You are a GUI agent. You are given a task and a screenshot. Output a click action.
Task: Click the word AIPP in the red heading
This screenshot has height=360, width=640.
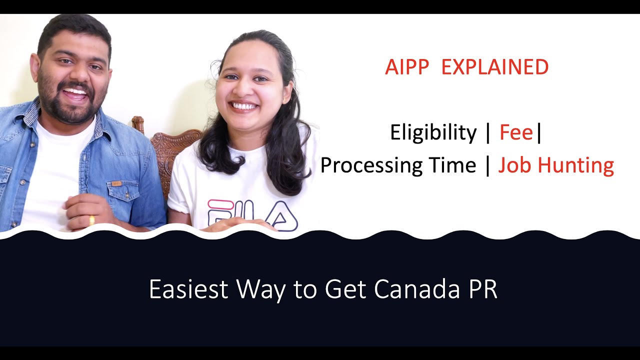(407, 67)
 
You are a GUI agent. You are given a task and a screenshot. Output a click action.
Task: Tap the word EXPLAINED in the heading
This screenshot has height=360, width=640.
(494, 67)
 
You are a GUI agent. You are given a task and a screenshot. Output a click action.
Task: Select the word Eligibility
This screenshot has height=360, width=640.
(433, 133)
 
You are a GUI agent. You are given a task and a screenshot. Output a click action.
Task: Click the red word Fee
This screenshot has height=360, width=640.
(516, 133)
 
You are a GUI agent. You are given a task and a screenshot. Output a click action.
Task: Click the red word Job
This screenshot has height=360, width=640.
(515, 165)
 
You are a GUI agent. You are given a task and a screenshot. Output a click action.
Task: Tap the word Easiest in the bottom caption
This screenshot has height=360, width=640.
(189, 289)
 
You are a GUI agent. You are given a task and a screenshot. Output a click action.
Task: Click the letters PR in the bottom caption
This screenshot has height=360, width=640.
(482, 289)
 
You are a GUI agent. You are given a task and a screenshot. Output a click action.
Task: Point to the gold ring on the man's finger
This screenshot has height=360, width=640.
(91, 220)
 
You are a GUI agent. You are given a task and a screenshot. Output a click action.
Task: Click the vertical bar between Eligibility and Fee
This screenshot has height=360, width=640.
(488, 133)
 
